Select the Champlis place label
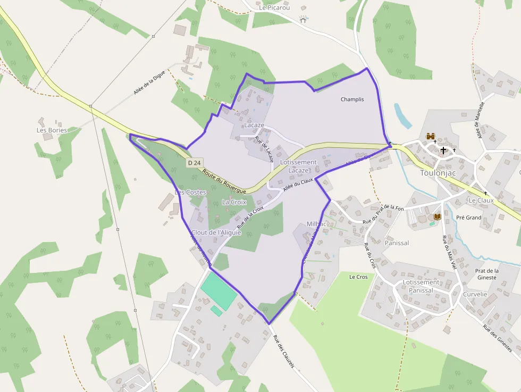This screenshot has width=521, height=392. (x=352, y=99)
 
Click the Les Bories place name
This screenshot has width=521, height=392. (x=52, y=130)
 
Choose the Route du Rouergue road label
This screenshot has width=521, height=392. (x=224, y=181)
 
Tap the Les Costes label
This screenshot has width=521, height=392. (x=190, y=192)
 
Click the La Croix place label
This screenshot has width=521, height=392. (x=234, y=202)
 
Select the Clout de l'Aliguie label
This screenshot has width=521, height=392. (x=216, y=232)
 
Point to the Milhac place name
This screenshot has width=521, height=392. (x=316, y=224)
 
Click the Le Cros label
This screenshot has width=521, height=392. (x=358, y=277)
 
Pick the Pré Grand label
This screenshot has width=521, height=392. (x=468, y=218)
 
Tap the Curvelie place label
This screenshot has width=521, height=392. (x=475, y=294)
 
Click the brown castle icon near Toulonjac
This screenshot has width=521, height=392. (x=430, y=137)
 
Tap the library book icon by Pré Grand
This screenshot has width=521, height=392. (x=438, y=217)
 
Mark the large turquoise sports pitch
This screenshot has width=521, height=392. (x=219, y=290)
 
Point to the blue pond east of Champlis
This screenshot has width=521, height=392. (x=402, y=115)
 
